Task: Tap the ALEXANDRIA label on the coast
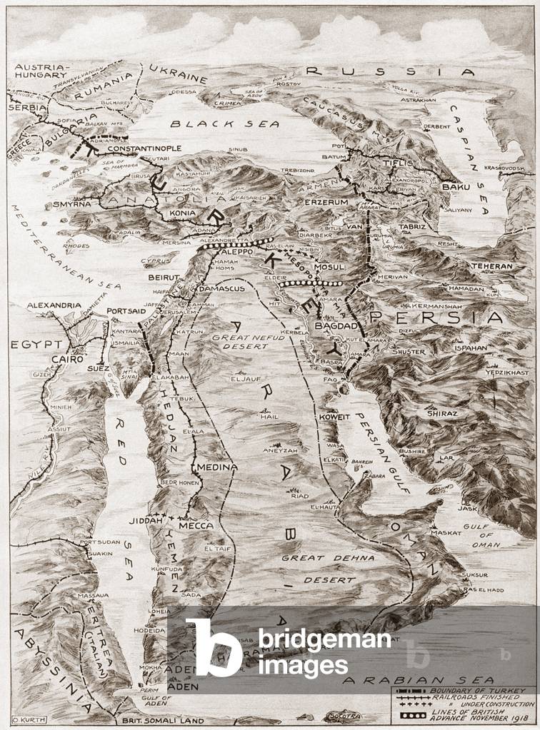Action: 54,305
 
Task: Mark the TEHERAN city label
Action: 491,265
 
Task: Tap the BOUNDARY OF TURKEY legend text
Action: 476,691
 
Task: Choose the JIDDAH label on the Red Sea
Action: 146,521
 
